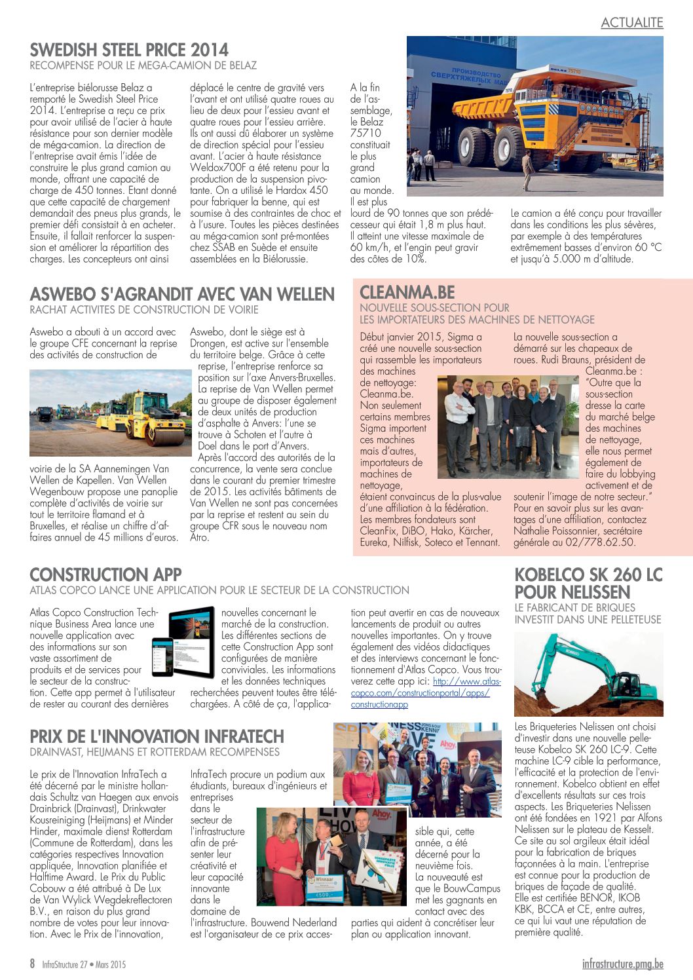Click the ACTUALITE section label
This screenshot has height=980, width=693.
631,23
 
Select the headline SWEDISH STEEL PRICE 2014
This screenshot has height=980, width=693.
129,50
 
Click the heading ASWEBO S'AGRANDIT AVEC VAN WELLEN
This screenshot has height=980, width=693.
182,295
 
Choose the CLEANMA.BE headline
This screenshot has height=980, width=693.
407,292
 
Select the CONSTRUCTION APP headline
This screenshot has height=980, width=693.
105,575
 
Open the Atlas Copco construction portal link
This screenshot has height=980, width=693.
426,693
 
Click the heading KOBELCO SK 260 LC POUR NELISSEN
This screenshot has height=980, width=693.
588,584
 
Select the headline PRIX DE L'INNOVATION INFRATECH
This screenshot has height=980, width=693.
157,736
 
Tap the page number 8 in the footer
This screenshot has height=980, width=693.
33,964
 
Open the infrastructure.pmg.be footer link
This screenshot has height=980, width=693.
622,964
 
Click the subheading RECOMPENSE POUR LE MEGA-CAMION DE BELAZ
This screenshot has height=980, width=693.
143,66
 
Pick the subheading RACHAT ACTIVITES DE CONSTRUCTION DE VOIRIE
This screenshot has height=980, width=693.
144,310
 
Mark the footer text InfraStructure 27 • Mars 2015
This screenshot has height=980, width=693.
84,964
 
